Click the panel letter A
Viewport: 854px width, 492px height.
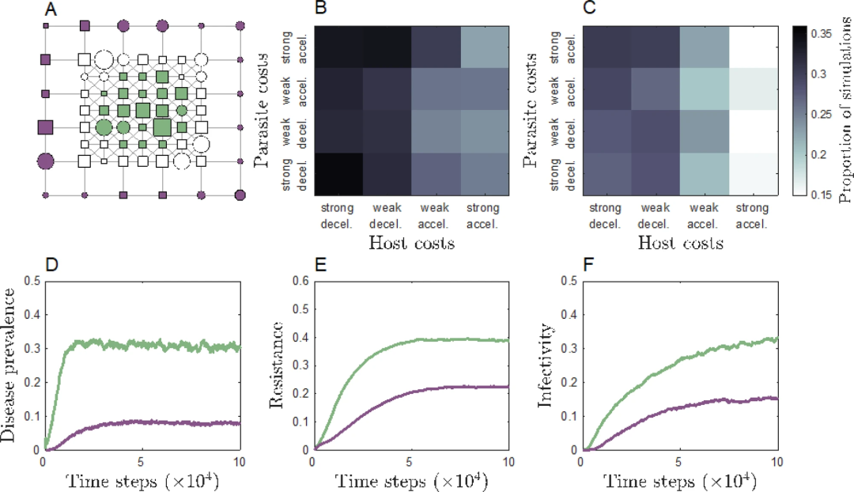tap(51, 9)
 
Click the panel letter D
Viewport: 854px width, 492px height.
tap(51, 264)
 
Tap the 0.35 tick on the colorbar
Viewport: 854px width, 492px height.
tap(822, 34)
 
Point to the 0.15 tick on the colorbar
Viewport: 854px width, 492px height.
tap(822, 195)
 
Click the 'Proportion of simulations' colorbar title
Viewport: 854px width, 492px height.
tap(845, 110)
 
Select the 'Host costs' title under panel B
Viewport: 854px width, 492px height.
tap(412, 243)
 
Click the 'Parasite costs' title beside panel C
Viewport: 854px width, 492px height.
tap(530, 110)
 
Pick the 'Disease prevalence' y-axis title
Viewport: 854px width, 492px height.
tap(9, 365)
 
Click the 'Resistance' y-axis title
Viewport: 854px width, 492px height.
tap(278, 365)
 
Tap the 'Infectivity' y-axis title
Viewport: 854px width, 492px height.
tap(546, 365)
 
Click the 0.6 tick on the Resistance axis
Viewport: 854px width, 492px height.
tap(301, 281)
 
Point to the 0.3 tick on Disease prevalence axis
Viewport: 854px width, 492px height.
tap(32, 349)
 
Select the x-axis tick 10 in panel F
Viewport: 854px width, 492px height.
tap(777, 462)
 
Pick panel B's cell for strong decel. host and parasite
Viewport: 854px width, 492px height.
tap(338, 174)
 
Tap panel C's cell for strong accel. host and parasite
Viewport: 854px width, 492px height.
tap(754, 47)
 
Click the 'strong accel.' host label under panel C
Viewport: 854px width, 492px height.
tap(752, 216)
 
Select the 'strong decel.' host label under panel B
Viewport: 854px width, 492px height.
tap(337, 216)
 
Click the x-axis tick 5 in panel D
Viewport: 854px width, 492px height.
tap(141, 462)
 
